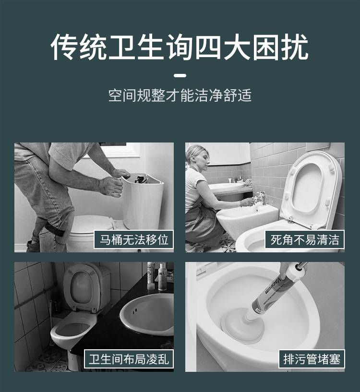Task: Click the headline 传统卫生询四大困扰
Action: tap(180, 47)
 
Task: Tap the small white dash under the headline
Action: tap(180, 75)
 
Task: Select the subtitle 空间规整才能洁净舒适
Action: tap(180, 95)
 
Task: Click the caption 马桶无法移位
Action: tap(134, 239)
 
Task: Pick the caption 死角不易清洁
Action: tap(305, 239)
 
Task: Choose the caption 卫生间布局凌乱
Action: tap(129, 359)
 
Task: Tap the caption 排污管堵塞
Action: tap(312, 359)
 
